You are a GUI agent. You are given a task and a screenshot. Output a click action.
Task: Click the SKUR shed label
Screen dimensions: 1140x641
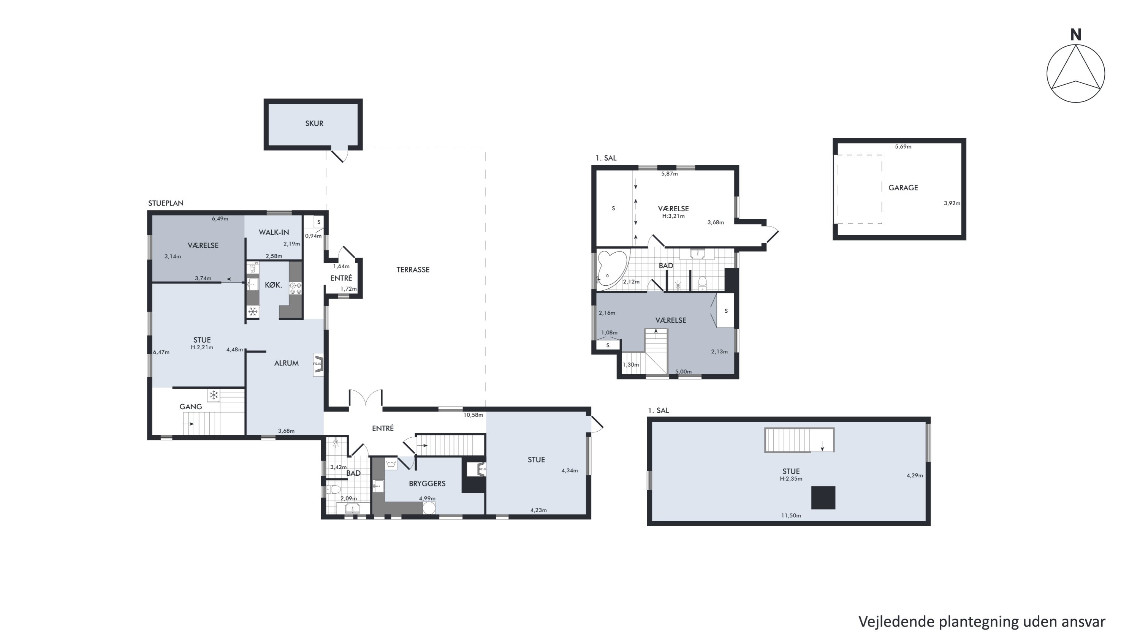pos(314,123)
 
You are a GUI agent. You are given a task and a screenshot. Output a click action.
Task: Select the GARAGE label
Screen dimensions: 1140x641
pos(903,188)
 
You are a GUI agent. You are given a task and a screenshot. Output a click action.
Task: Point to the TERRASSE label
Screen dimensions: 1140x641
pos(413,269)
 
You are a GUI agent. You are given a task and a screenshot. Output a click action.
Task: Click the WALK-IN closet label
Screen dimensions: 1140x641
pos(274,232)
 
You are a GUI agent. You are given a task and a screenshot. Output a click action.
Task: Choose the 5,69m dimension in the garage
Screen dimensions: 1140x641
pos(903,146)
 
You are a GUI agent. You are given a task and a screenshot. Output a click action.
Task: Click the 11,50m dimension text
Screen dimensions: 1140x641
pos(791,515)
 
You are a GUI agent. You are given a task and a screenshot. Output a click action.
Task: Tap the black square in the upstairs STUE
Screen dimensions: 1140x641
pos(823,498)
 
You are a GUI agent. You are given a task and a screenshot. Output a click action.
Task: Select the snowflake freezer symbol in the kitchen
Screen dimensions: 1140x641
pos(253,312)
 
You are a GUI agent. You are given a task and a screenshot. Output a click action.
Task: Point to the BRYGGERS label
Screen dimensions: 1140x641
pos(427,484)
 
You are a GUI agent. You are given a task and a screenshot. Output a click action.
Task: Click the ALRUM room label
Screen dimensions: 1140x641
pos(286,363)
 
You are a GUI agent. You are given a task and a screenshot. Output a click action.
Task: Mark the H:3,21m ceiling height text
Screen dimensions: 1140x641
pos(673,216)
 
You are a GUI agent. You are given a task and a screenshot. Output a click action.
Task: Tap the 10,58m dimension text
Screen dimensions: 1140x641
pos(473,415)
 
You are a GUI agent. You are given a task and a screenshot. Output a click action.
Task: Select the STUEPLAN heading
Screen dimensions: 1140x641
pos(166,203)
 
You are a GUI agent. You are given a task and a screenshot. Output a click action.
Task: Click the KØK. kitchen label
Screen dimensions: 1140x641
pos(274,285)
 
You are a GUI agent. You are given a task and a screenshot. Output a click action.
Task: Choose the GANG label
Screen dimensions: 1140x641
pos(191,407)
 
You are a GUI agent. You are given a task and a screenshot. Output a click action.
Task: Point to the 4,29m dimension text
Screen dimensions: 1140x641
pos(915,476)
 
